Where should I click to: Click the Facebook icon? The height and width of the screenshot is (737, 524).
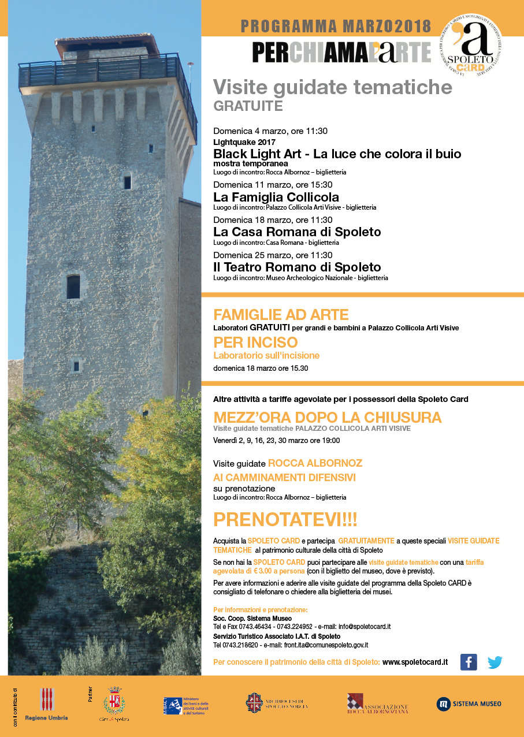coord(469,662)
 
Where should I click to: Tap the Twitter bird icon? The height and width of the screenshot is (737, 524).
coord(495,662)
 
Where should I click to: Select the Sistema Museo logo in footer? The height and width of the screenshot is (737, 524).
coord(469,703)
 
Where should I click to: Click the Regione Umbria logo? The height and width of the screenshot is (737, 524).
coord(47,703)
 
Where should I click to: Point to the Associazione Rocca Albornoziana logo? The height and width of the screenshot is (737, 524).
coord(377,704)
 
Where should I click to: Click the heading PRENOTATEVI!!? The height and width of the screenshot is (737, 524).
coord(285,520)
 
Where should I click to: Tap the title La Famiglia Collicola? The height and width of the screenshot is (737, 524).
coord(276,197)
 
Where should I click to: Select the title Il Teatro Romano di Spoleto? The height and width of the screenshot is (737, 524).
coord(297,267)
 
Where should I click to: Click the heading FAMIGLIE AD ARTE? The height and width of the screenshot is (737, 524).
coord(281,315)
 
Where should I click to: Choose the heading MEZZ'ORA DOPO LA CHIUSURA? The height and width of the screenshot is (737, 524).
coord(327,417)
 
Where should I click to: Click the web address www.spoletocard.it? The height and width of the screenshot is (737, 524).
coord(415,662)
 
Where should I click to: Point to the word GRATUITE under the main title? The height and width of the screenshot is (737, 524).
coord(248,106)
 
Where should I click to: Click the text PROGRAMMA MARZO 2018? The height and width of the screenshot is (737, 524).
coord(336,26)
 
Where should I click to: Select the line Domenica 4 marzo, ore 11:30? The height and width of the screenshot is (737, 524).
coord(270,131)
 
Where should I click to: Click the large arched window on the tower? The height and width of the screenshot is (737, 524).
coord(73,286)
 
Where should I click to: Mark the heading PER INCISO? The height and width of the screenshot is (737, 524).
coord(255,343)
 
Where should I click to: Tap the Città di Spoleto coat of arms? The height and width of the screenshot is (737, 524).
coord(114,702)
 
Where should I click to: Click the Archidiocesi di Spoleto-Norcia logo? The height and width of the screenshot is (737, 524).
coord(277,703)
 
